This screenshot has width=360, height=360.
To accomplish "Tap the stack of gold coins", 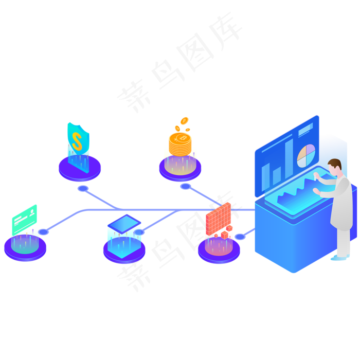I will (180, 145).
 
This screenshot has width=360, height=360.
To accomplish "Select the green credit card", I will (25, 219).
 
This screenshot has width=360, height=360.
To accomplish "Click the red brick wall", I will (218, 218).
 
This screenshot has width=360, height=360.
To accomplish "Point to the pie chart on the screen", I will (306, 156).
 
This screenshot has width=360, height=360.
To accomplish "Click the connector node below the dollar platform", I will (83, 189).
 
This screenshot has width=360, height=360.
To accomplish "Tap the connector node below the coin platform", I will (185, 186).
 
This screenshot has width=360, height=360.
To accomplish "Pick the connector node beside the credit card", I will (44, 232).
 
